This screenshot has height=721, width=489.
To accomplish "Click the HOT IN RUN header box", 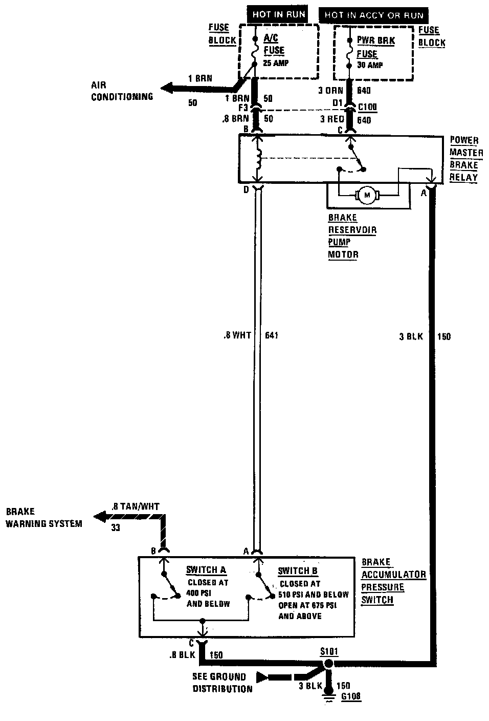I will [278, 15].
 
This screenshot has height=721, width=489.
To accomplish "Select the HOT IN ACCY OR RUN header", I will [374, 15].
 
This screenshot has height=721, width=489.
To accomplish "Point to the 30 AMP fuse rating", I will [370, 65].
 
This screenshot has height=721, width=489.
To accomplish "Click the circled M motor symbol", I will [365, 194].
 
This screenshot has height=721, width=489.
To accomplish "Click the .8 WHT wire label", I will [237, 335].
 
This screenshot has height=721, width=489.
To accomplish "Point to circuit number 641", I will [272, 335].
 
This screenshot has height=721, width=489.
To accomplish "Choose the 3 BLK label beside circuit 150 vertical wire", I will [410, 337].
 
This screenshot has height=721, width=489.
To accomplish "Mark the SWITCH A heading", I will [206, 570].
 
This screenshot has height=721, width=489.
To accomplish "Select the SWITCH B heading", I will [298, 571].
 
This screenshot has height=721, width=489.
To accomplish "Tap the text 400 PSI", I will [199, 593].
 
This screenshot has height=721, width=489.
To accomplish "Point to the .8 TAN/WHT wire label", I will [135, 506].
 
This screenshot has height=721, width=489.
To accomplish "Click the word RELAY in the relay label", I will [464, 177].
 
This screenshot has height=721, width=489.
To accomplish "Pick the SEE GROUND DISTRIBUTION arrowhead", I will [262, 677].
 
